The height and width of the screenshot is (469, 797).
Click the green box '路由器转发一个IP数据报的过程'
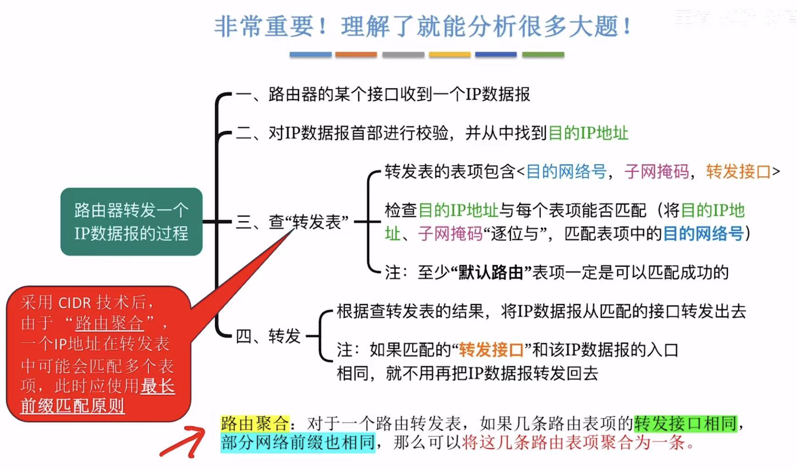click(131, 222)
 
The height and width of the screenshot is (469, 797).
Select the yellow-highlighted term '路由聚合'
click(255, 423)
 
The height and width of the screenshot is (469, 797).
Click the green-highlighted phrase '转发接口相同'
click(686, 423)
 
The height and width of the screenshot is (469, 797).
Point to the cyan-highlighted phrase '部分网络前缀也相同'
click(298, 443)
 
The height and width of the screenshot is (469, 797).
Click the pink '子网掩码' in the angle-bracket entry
click(656, 172)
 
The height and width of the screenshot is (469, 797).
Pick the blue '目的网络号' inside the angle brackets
click(566, 172)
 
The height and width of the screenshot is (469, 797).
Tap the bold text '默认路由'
click(491, 273)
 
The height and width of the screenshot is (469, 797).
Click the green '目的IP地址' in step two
click(588, 133)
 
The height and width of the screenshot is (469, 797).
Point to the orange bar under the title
click(356, 55)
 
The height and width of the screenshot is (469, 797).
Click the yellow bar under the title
click(449, 55)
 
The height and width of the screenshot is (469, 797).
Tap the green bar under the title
click(543, 55)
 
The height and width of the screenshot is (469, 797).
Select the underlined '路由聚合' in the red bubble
click(110, 323)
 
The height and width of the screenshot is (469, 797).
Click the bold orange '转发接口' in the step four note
click(491, 350)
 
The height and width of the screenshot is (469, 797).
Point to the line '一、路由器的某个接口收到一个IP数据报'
click(383, 94)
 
